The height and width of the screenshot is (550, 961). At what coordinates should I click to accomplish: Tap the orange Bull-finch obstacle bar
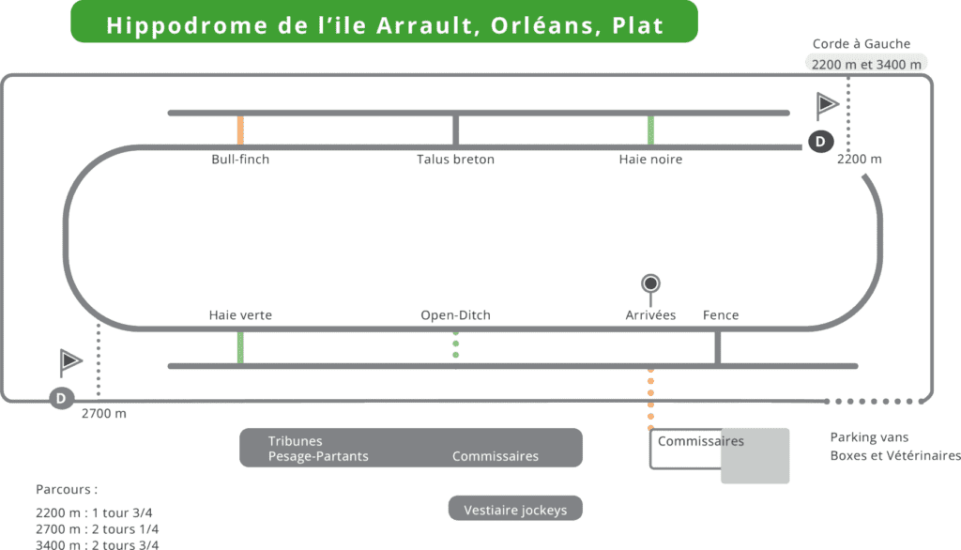tap(241, 130)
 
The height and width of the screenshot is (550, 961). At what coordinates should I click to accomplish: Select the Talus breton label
tap(455, 160)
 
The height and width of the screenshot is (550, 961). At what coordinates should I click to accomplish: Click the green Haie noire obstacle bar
tap(650, 130)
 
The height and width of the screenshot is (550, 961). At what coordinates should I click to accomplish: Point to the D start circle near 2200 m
tap(820, 142)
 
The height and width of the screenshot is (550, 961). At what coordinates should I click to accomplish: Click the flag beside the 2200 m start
tap(827, 105)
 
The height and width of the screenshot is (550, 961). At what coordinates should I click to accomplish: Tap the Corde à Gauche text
tap(861, 44)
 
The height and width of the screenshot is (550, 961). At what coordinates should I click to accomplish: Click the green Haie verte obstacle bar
tap(241, 347)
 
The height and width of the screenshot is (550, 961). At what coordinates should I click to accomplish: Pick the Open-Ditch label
tap(455, 315)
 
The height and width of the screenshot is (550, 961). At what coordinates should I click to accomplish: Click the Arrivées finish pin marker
tap(650, 283)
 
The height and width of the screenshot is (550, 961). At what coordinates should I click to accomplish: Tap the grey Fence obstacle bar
tap(718, 347)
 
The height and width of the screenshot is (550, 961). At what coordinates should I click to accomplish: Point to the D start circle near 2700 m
tap(61, 398)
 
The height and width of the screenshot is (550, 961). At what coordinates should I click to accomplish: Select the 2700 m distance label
tap(104, 414)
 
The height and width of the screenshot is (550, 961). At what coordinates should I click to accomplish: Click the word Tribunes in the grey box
tap(295, 441)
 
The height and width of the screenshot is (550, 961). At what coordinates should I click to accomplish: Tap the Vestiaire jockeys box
tap(515, 511)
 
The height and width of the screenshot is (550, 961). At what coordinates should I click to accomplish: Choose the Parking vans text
tap(869, 437)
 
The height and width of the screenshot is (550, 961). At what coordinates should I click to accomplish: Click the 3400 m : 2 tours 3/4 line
tap(98, 544)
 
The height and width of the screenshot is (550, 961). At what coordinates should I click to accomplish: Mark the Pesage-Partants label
tap(318, 457)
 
